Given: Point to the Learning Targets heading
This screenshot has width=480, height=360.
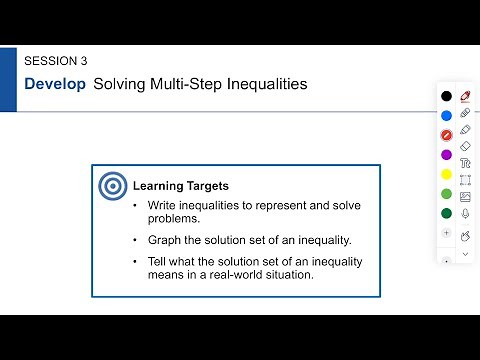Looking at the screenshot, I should (x=181, y=186).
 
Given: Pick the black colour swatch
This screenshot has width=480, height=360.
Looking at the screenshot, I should (x=446, y=96).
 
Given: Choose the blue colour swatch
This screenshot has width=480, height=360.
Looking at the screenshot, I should (x=446, y=115).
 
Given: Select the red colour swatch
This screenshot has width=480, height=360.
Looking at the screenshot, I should (x=446, y=135).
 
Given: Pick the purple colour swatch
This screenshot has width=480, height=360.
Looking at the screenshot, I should (x=446, y=154).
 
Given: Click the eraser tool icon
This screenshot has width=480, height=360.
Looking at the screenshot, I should (x=465, y=146).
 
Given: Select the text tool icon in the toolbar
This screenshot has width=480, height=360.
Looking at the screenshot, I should (x=465, y=163).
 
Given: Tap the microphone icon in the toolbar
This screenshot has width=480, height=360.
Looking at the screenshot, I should (x=465, y=213).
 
